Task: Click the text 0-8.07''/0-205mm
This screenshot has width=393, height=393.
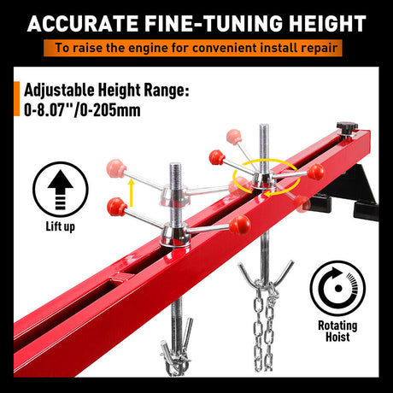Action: tap(78, 110)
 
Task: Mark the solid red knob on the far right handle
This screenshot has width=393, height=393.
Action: tap(315, 172)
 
